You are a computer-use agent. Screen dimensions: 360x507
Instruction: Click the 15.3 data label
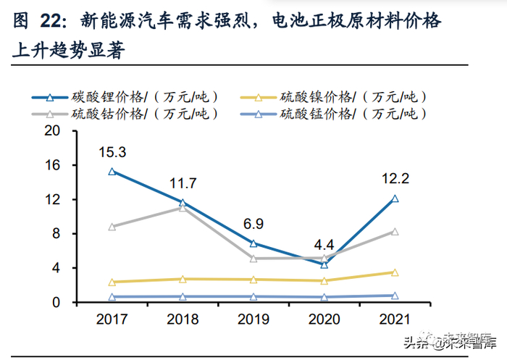112,152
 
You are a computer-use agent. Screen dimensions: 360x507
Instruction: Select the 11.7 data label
183,183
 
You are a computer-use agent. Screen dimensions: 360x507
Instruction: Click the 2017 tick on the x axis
112,319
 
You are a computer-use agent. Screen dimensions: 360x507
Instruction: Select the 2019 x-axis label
253,319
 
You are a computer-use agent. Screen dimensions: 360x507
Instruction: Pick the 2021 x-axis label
395,319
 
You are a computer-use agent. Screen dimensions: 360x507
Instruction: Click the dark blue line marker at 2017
112,172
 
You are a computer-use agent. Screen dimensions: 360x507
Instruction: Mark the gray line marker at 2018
183,208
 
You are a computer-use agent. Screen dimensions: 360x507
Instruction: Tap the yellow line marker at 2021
395,272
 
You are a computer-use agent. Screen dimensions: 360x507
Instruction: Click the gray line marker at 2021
395,232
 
